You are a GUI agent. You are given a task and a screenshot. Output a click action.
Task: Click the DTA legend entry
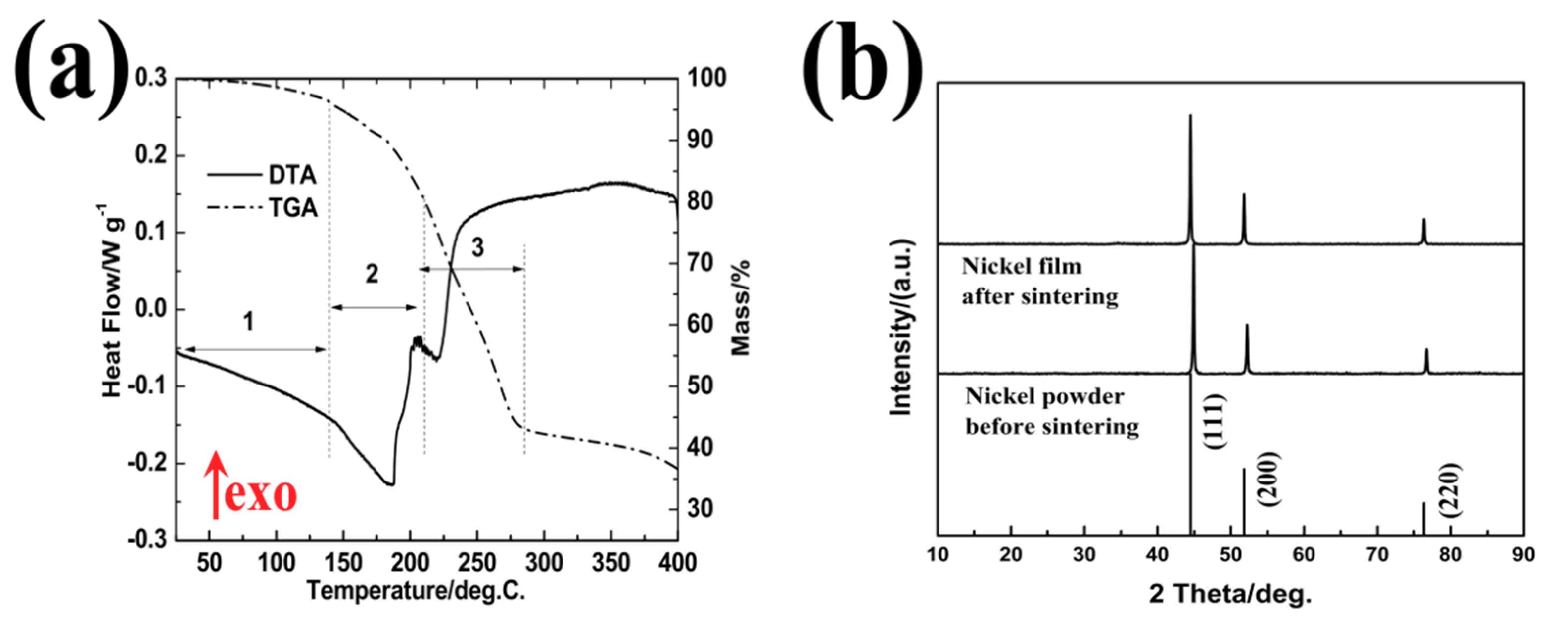(262, 175)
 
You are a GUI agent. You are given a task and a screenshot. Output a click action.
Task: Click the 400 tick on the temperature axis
(677, 563)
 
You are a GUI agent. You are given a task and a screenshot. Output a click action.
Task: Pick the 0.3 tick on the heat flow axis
(150, 78)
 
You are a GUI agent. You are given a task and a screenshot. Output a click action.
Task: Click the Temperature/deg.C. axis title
(416, 591)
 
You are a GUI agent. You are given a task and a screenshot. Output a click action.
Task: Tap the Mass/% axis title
(741, 307)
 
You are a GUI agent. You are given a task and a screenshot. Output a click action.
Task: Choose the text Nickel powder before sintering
(1052, 411)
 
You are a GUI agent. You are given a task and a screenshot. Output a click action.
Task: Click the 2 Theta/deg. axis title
(1230, 594)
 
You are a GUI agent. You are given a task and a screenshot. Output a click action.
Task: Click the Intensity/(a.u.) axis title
(901, 327)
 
